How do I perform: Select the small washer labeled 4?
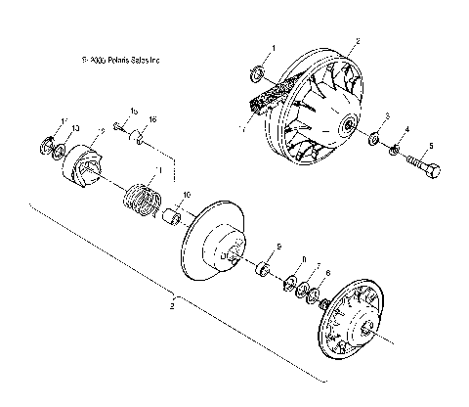click(394, 151)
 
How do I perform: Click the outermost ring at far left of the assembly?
click(46, 146)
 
